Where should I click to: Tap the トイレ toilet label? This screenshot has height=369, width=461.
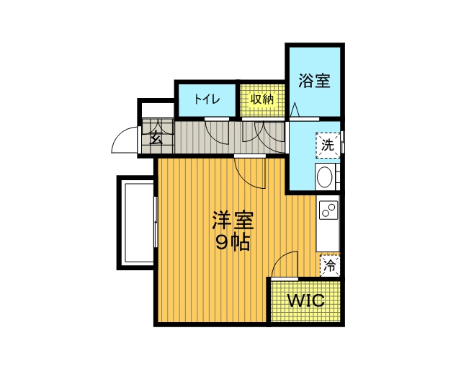click(207, 99)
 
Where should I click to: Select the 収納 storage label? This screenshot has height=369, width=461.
click(261, 99)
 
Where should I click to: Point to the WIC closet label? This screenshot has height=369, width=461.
click(305, 301)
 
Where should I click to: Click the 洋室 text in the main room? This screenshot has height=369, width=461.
click(233, 220)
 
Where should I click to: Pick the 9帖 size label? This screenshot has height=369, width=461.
click(233, 242)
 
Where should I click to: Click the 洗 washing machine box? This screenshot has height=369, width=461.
click(328, 146)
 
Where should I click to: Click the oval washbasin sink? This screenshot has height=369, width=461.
click(325, 177)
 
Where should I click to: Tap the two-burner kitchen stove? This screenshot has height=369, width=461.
click(328, 210)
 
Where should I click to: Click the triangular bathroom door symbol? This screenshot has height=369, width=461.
click(295, 110)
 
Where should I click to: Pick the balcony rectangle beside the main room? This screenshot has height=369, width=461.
click(136, 223)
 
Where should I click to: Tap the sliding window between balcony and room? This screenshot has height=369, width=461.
click(156, 222)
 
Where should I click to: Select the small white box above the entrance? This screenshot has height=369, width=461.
click(156, 110)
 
